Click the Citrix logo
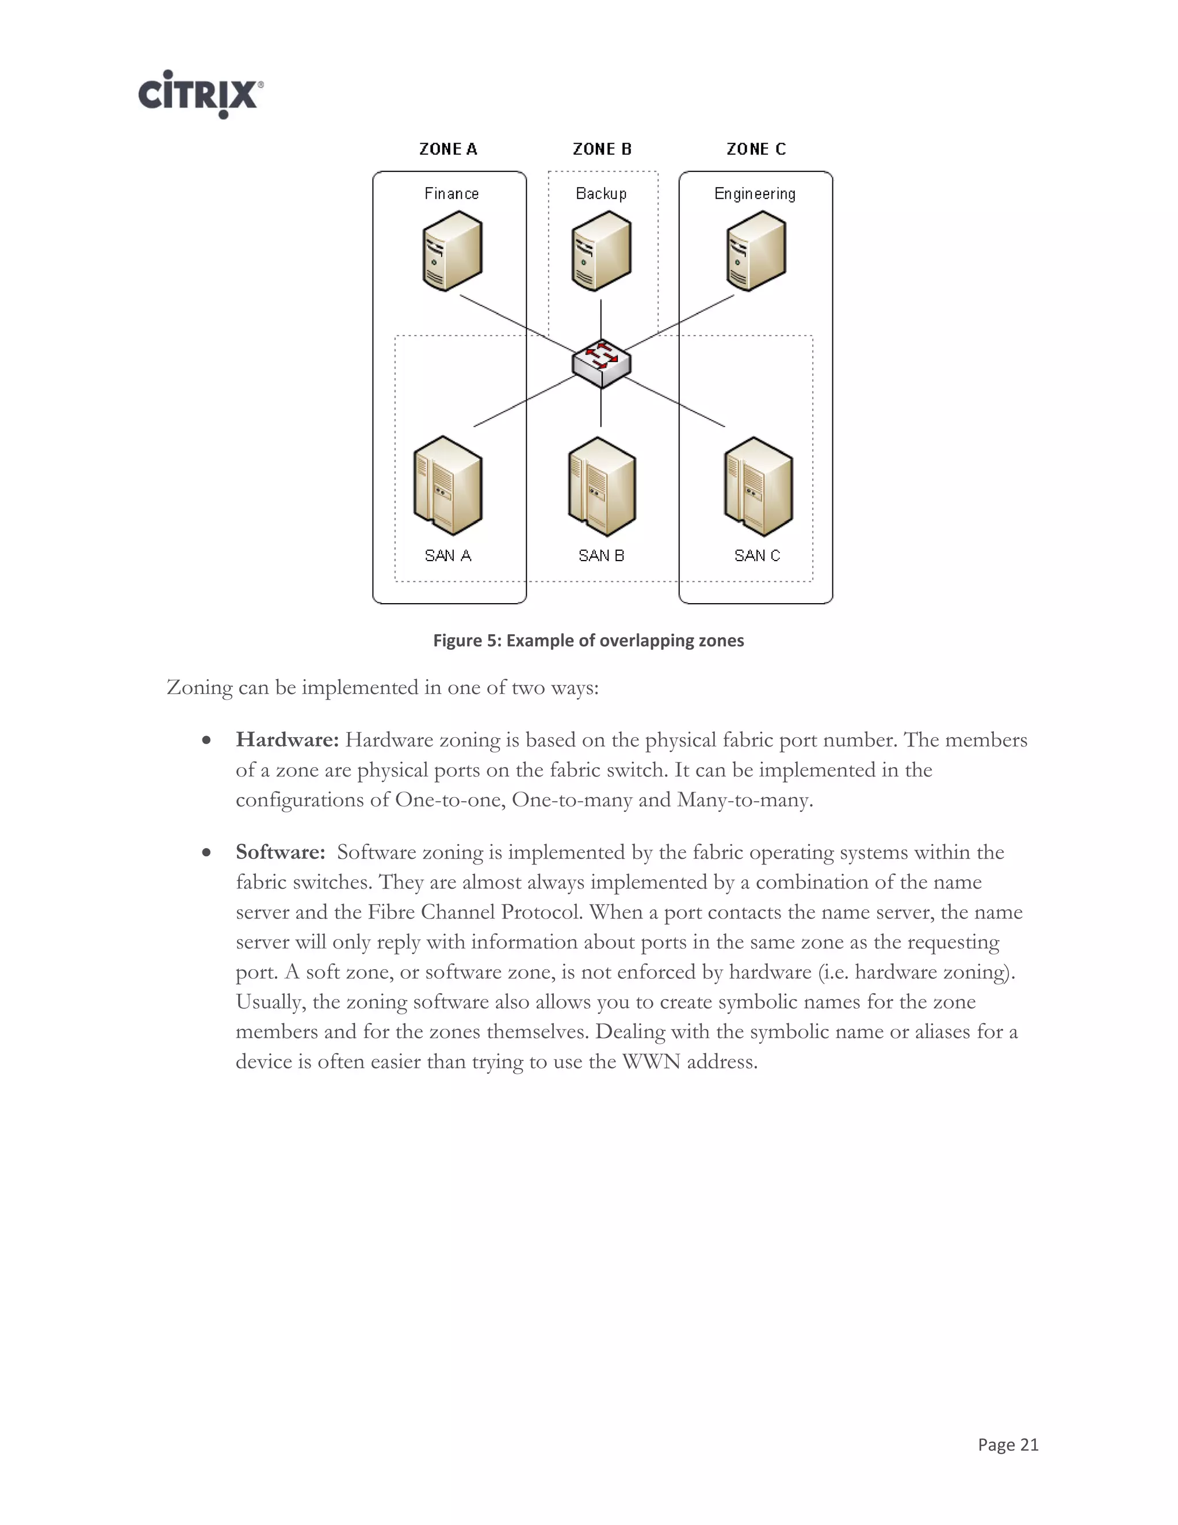click(x=200, y=94)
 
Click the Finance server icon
click(x=452, y=251)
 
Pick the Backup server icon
click(x=601, y=251)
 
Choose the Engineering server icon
click(x=756, y=251)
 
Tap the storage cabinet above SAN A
click(x=448, y=487)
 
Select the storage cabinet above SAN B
click(x=602, y=487)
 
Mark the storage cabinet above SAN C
click(x=758, y=487)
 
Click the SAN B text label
click(x=601, y=556)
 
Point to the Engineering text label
click(x=755, y=194)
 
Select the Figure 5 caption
click(x=588, y=641)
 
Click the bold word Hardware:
click(x=287, y=740)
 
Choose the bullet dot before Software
click(x=206, y=853)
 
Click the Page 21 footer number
click(x=1008, y=1444)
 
